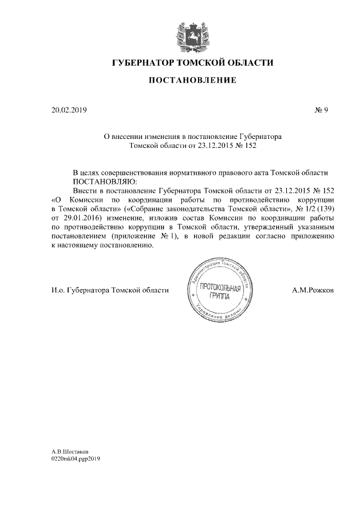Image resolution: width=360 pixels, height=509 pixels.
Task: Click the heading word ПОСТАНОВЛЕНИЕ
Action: (x=192, y=81)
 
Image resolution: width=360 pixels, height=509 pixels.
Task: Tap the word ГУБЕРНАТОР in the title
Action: (x=143, y=62)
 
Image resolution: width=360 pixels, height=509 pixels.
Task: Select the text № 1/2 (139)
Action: (x=310, y=208)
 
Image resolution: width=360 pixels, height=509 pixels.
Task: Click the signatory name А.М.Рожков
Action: (x=313, y=290)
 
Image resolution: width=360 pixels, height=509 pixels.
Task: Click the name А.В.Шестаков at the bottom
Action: (x=70, y=451)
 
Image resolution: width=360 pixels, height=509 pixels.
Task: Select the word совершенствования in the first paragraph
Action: (x=143, y=172)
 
